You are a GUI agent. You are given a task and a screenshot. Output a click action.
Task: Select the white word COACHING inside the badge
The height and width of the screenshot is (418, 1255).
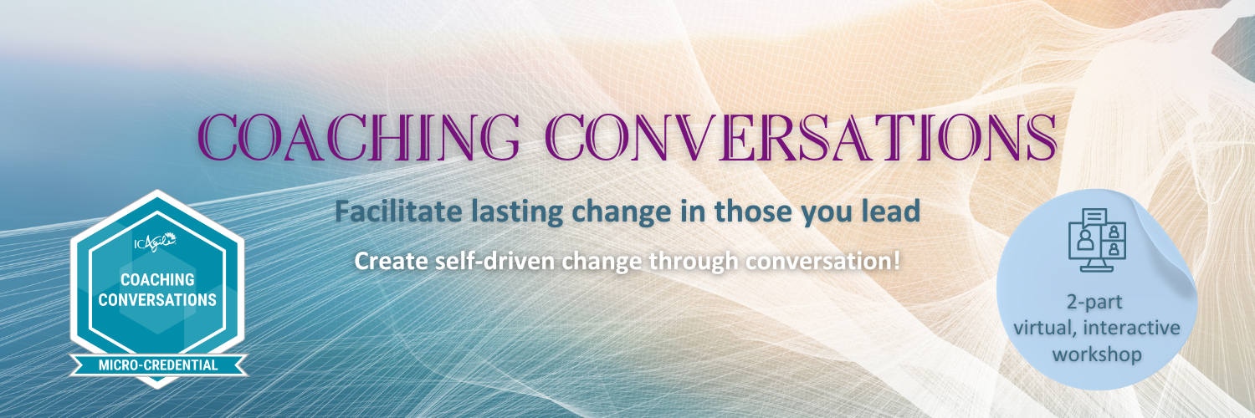coord(157,280)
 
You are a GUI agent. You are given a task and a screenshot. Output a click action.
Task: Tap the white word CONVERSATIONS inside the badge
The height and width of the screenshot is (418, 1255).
coord(157,298)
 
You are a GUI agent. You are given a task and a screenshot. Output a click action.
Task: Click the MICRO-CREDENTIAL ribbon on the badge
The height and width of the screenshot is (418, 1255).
coord(157,364)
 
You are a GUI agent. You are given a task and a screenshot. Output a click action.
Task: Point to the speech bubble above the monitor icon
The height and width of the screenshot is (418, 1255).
coord(1094,218)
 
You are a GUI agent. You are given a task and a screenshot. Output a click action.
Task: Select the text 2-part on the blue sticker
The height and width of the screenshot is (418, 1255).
coord(1096,302)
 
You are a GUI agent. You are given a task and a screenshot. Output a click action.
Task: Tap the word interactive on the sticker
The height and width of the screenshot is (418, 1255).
coord(1134,328)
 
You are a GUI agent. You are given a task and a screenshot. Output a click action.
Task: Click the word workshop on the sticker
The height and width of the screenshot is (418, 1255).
coord(1096,354)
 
